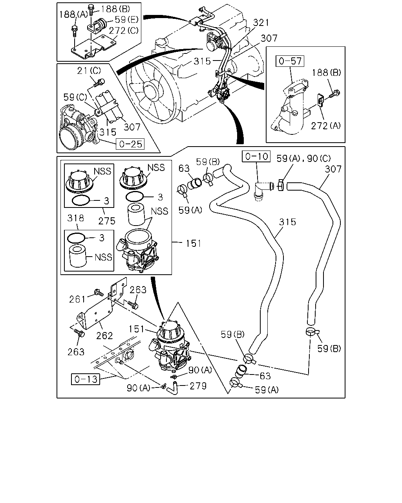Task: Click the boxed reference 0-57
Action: [x=290, y=61]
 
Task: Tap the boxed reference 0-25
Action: [x=130, y=144]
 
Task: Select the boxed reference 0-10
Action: [x=256, y=156]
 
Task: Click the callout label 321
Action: [x=261, y=23]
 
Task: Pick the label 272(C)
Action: [x=124, y=31]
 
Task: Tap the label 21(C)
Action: [x=89, y=71]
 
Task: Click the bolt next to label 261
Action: [x=99, y=292]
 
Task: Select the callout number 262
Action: [x=104, y=336]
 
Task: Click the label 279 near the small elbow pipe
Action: [x=198, y=386]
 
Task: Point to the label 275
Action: [x=107, y=221]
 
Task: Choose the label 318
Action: [x=75, y=218]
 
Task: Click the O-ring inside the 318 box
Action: [x=76, y=238]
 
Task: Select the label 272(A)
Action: [x=325, y=126]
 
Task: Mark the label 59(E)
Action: [x=126, y=19]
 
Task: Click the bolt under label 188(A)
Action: [x=75, y=31]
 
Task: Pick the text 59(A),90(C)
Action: [x=303, y=159]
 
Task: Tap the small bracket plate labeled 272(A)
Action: [x=321, y=101]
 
